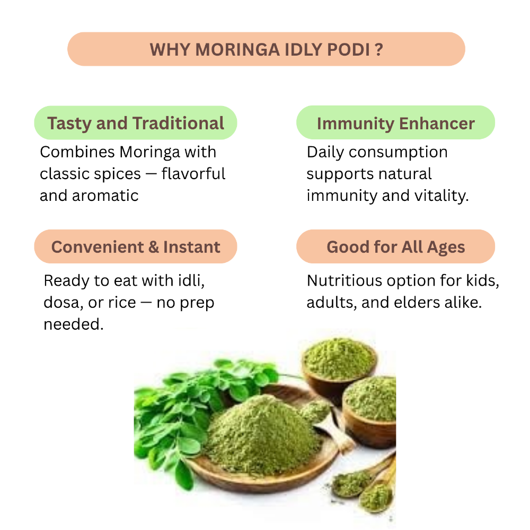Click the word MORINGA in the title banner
pyautogui.click(x=237, y=50)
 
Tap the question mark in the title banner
pyautogui.click(x=379, y=50)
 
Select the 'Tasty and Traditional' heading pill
pyautogui.click(x=136, y=123)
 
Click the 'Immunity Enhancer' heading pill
pyautogui.click(x=395, y=122)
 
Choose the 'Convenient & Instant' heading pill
pyautogui.click(x=136, y=246)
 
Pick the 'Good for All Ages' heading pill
pyautogui.click(x=395, y=246)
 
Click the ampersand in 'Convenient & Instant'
pyautogui.click(x=154, y=247)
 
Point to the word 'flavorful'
pyautogui.click(x=193, y=174)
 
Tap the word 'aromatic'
pyautogui.click(x=105, y=196)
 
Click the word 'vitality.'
pyautogui.click(x=441, y=196)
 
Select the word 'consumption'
pyautogui.click(x=398, y=153)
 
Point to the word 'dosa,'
pyautogui.click(x=64, y=303)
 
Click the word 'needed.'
pyautogui.click(x=74, y=324)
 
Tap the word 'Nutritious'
pyautogui.click(x=345, y=280)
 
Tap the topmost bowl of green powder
pyautogui.click(x=339, y=365)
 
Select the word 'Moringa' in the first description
pyautogui.click(x=150, y=153)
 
